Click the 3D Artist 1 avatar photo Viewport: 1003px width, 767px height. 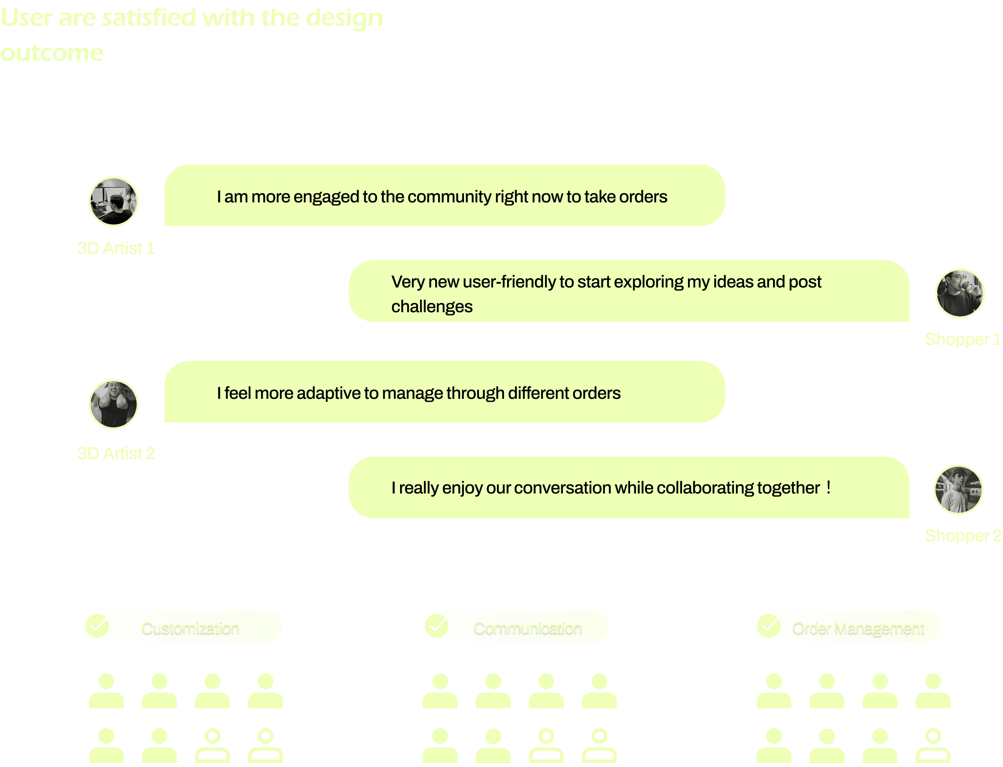coord(113,201)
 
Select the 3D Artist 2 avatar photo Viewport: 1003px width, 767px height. coord(113,404)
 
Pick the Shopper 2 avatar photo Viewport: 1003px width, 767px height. coord(958,490)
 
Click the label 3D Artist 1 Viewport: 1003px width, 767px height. coord(116,248)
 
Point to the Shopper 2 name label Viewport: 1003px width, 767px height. coord(963,535)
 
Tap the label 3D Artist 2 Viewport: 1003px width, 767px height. coord(116,453)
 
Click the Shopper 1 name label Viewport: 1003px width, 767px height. coord(962,339)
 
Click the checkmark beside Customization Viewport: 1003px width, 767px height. coord(97,626)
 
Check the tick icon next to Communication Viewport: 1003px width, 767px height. coord(437,626)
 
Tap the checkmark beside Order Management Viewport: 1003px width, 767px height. coord(769,626)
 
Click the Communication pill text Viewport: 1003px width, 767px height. coord(527,629)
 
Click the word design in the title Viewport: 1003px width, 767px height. coord(344,18)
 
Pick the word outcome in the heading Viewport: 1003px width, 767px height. coord(52,53)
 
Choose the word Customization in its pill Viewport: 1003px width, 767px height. coord(190,629)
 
